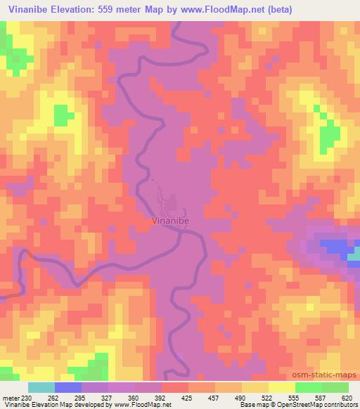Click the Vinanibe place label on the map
pyautogui.click(x=170, y=220)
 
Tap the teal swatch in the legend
pyautogui.click(x=41, y=387)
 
